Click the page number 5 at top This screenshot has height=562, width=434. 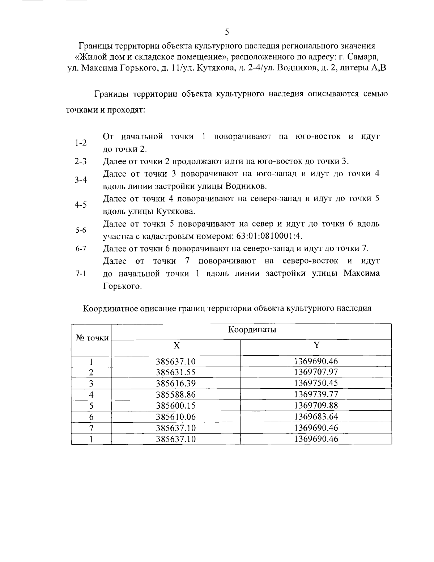227,32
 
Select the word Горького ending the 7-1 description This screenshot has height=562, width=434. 122,286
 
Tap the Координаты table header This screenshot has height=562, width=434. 252,330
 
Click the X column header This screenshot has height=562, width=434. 176,345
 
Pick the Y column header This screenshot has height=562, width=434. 316,345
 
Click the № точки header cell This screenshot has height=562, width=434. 92,338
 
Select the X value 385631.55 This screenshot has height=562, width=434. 176,372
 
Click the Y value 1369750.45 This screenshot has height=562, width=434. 316,383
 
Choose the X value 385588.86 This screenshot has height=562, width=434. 176,394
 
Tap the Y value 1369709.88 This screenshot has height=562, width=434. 316,405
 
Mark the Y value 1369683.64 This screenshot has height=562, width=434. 316,417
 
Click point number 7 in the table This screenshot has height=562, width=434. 92,428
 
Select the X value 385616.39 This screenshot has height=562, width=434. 176,383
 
